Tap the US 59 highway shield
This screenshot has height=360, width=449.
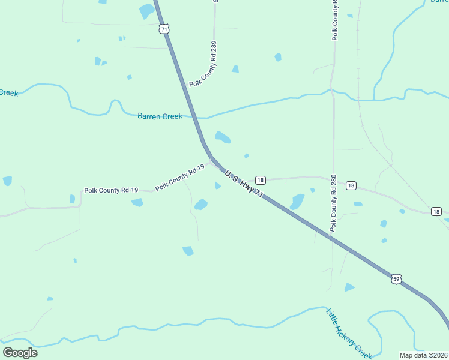[x=396, y=278]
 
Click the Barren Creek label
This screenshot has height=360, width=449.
[x=160, y=116]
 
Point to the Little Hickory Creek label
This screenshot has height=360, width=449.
[x=349, y=333]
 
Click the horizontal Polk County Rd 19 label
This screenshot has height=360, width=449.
[x=111, y=190]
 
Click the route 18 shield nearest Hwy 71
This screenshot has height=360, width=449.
[x=260, y=180]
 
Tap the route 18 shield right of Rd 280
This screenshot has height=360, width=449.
[x=351, y=185]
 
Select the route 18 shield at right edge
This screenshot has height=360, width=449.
[x=436, y=211]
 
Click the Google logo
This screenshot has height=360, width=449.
[x=20, y=352]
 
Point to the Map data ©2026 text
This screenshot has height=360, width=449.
[x=424, y=355]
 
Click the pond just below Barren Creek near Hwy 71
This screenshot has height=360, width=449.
[x=223, y=137]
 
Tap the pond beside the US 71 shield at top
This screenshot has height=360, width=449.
[x=146, y=11]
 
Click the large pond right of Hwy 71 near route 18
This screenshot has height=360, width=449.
[x=297, y=202]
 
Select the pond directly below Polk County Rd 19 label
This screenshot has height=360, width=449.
[x=137, y=203]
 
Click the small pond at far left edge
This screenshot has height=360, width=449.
[x=7, y=181]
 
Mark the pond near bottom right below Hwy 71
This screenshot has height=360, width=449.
[x=349, y=287]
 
